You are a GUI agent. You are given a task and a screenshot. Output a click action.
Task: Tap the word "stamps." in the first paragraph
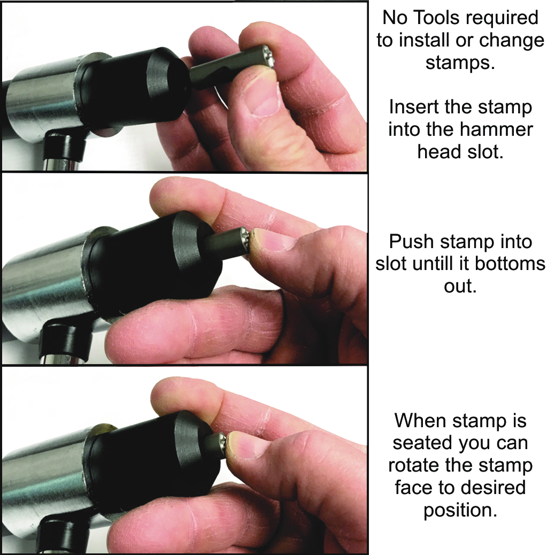click(460, 63)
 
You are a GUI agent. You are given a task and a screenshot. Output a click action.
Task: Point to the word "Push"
click(411, 242)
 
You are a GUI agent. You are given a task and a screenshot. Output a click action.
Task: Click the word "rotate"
click(413, 466)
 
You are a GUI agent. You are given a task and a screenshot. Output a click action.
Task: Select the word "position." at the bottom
click(460, 510)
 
